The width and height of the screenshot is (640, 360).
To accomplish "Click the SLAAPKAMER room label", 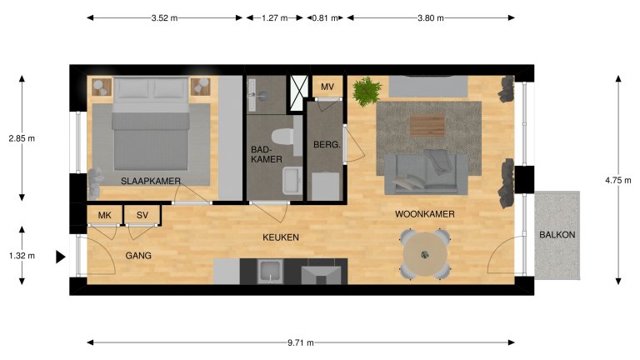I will click(151, 181).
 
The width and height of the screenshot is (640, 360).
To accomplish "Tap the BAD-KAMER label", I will click(267, 154).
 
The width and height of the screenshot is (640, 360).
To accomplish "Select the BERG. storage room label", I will click(325, 144).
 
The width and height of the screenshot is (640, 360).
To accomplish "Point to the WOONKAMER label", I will click(424, 214).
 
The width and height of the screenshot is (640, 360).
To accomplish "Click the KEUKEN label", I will click(281, 237).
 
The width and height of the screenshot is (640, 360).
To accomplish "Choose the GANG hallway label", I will click(138, 255).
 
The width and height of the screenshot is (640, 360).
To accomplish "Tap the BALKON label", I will click(556, 236).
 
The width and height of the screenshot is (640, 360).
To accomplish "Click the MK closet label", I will click(104, 216).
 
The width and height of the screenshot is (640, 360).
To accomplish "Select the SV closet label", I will click(142, 216).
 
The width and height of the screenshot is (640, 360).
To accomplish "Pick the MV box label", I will click(327, 87).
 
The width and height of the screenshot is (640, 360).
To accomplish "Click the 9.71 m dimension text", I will click(301, 342).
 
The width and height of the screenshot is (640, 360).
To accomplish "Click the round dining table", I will click(425, 254).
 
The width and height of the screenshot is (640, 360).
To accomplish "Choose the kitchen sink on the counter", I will click(269, 271).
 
